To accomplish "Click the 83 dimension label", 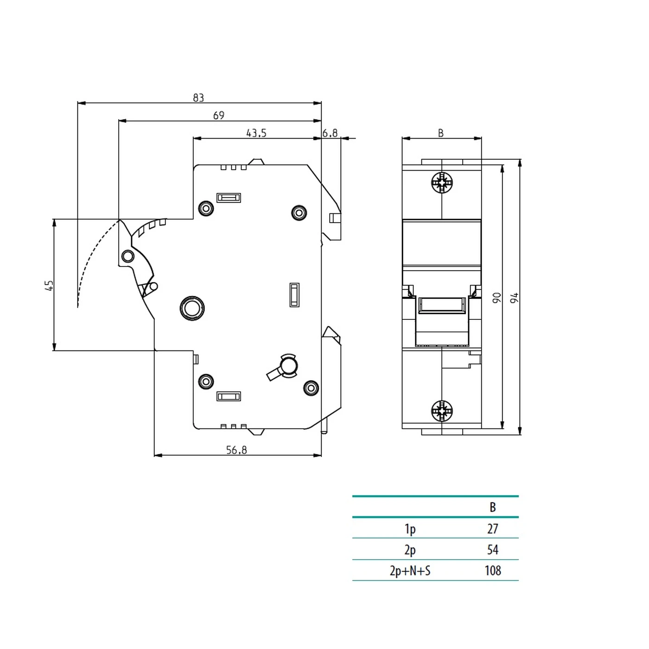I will coord(198,98).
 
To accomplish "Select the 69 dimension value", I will coord(219,115).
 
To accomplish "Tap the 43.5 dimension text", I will coord(256,134).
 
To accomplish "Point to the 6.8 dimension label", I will coord(330,134).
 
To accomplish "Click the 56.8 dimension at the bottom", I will coord(236,450).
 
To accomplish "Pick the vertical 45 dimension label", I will coord(49,285).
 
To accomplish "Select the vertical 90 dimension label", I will coord(496,298).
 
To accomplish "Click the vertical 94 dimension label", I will coord(514,298).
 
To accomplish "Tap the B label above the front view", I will coord(441,134).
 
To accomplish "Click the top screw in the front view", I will coord(442,183).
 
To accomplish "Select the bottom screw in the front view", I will coord(442,410).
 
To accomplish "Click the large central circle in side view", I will coord(192,308).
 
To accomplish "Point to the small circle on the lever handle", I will coord(127,256).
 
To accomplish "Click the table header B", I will coord(493,508).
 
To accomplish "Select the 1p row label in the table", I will coord(410,529).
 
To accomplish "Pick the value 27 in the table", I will coord(493,529).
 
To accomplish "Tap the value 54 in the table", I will coord(493,550).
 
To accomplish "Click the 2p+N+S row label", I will coord(410,571).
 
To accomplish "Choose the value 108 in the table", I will coord(493,571).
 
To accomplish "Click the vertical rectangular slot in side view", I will coord(294,295).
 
